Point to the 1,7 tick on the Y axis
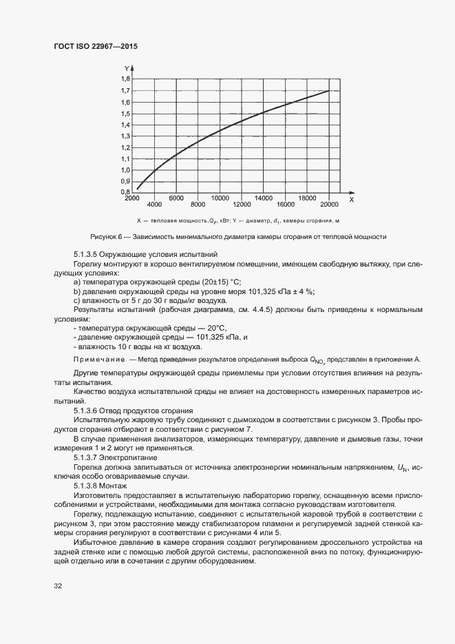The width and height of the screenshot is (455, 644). click(125, 91)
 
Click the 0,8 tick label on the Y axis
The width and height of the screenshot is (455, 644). click(125, 192)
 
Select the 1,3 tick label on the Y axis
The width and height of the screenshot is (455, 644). click(125, 136)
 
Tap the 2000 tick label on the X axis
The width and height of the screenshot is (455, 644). click(131, 198)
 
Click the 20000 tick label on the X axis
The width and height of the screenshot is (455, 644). click(330, 205)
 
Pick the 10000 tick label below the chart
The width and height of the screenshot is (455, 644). click(220, 198)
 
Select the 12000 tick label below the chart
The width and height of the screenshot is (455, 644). click(242, 205)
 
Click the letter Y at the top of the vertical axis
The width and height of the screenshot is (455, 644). click(127, 67)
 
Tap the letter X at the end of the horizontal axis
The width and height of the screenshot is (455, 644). click(351, 200)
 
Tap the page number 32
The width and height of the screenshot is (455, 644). click(57, 586)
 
